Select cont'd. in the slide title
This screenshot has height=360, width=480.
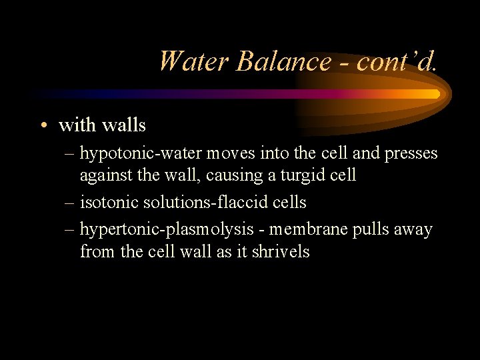(397, 61)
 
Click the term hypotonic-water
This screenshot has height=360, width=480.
(141, 154)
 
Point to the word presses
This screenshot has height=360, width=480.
(409, 153)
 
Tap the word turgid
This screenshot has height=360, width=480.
(309, 175)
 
